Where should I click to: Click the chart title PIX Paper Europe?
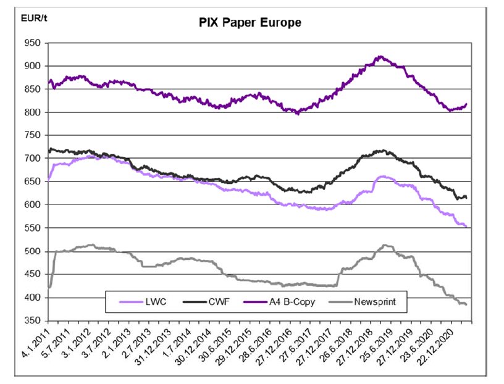pyautogui.click(x=250, y=23)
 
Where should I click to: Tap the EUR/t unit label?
pyautogui.click(x=34, y=17)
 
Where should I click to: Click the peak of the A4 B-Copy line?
pyautogui.click(x=380, y=56)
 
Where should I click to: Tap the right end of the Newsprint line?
pyautogui.click(x=466, y=304)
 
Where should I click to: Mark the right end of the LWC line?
pyautogui.click(x=466, y=227)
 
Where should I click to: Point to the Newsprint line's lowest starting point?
pyautogui.click(x=49, y=287)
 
